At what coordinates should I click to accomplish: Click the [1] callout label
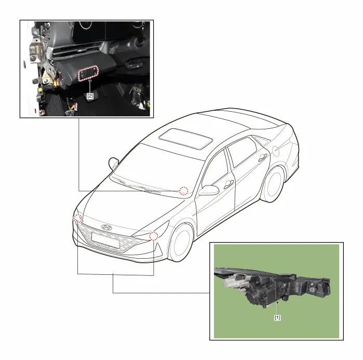[x=277, y=317]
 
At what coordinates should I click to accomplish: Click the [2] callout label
[x=90, y=96]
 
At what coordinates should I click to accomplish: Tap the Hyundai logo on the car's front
[x=106, y=228]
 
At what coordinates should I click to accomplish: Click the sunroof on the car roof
[x=186, y=139]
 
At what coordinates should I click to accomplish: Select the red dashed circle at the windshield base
[x=184, y=191]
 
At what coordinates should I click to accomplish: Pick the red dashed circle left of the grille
[x=78, y=218]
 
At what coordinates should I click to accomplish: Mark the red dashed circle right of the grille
[x=154, y=236]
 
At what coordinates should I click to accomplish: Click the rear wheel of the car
[x=274, y=184]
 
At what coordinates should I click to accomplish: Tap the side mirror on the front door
[x=209, y=190]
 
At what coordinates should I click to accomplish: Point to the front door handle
[x=228, y=184]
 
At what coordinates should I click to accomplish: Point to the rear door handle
[x=263, y=157]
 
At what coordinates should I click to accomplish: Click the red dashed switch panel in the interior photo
[x=88, y=73]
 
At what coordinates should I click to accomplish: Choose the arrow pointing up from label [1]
[x=277, y=308]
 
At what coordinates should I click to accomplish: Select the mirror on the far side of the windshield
[x=113, y=163]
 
